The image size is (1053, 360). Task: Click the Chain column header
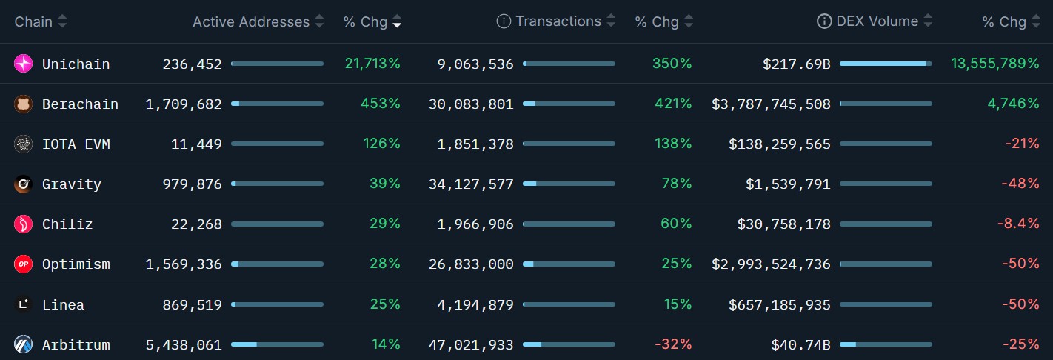coord(33,21)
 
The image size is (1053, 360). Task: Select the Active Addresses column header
coord(251,21)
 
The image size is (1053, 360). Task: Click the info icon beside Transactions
coord(504,21)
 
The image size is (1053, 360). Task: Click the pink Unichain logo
coord(23,64)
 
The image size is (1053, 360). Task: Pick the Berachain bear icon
coord(23,104)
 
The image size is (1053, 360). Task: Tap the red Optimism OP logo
coord(23,264)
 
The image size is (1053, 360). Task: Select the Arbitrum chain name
coord(76,344)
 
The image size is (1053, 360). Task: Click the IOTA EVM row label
coord(76,144)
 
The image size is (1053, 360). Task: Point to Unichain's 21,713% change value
coord(372,64)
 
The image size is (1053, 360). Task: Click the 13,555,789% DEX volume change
coord(994,64)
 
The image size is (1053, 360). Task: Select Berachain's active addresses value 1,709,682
coord(184,104)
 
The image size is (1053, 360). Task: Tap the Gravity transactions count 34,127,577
coord(471,184)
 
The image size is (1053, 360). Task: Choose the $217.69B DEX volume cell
coord(797,64)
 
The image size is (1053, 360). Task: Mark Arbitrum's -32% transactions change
coord(673,344)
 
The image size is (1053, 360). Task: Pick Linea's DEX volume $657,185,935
coord(780,304)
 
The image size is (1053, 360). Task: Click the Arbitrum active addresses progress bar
coord(277,344)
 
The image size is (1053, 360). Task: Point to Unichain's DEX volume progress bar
coord(886,64)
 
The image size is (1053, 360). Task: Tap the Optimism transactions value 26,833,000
coord(471,264)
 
